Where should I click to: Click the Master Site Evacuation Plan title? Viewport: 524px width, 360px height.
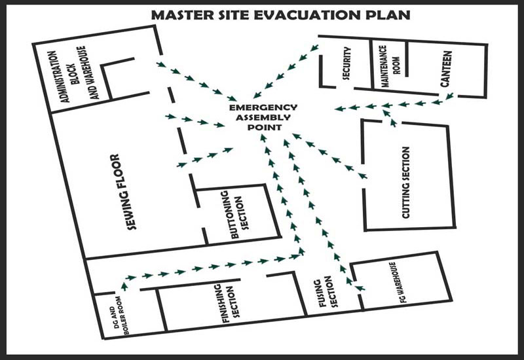(x=281, y=15)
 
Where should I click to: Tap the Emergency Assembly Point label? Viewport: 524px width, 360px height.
(x=263, y=117)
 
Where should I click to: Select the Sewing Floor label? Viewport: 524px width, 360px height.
(x=123, y=192)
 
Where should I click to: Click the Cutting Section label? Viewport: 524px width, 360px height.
(x=405, y=183)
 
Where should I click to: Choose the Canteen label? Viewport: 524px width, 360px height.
(x=446, y=69)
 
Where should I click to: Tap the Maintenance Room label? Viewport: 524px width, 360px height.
(x=390, y=66)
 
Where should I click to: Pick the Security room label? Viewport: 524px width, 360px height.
(x=346, y=63)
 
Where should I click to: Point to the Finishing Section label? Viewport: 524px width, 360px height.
(x=231, y=304)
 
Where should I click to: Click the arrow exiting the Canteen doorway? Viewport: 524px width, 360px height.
(x=449, y=96)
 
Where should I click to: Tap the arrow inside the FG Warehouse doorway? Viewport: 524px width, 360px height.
(x=360, y=288)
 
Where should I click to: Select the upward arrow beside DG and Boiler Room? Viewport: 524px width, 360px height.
(x=124, y=286)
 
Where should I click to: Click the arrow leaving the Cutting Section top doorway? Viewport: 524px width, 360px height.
(x=394, y=123)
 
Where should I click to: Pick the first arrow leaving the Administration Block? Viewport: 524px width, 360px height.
(x=161, y=64)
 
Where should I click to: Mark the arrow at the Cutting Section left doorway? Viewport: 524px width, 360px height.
(x=362, y=175)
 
